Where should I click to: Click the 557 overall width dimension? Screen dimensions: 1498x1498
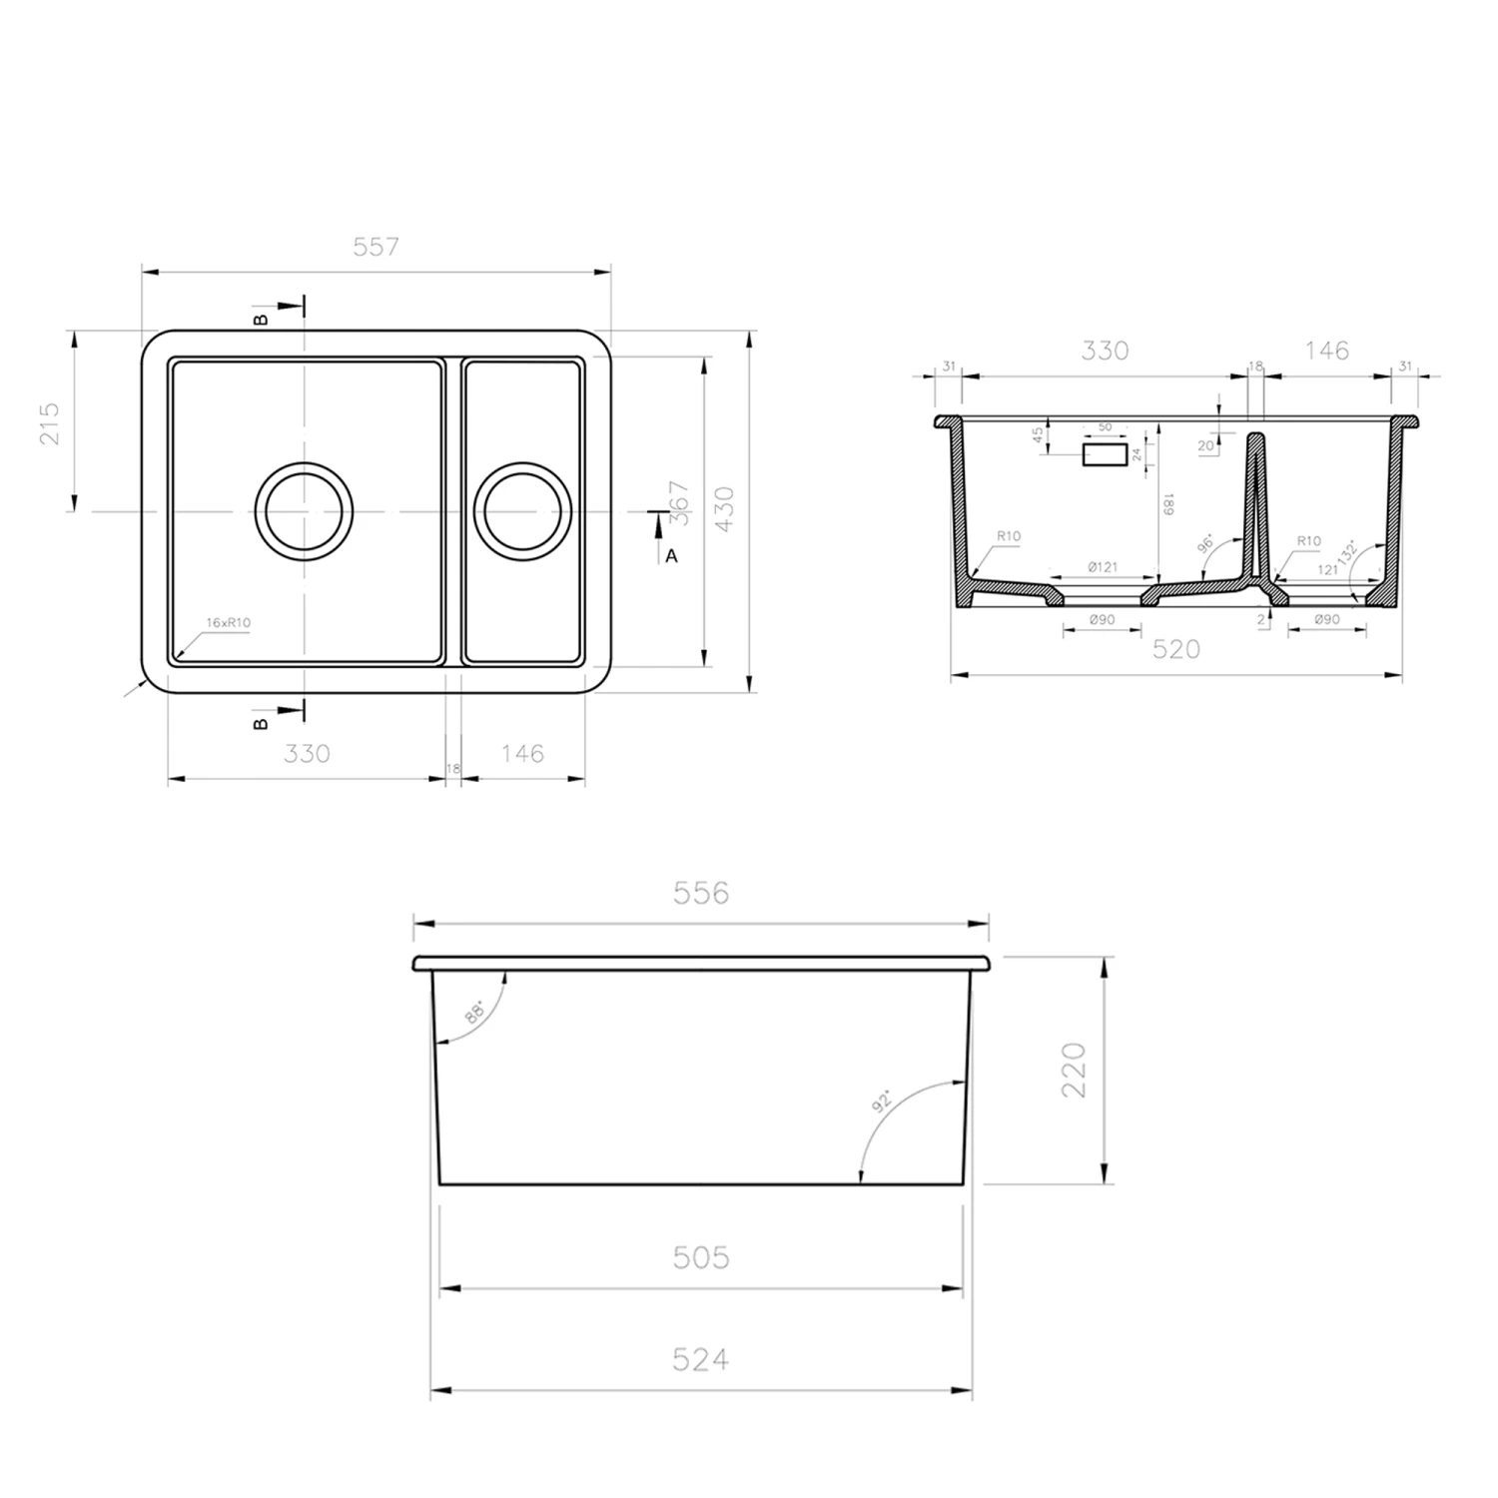(375, 247)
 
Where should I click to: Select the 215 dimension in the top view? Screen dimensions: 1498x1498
(51, 422)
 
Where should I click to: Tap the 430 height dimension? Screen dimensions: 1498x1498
(726, 509)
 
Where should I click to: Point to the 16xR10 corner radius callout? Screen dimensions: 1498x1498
(228, 623)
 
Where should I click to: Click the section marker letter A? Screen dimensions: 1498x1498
(671, 556)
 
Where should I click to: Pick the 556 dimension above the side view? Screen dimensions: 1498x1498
(700, 893)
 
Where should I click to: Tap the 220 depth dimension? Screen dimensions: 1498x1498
(1074, 1070)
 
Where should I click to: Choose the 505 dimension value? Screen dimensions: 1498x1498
(700, 1257)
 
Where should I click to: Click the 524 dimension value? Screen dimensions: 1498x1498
(700, 1359)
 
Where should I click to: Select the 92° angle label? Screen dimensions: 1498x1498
(882, 1102)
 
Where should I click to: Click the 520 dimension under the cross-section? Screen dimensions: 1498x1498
(1175, 649)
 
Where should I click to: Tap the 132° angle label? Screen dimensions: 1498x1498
(1349, 553)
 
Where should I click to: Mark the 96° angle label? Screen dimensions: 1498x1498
(1205, 544)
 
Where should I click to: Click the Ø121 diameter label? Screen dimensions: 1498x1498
(1102, 567)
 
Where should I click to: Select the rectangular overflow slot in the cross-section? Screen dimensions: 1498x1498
(1105, 455)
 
